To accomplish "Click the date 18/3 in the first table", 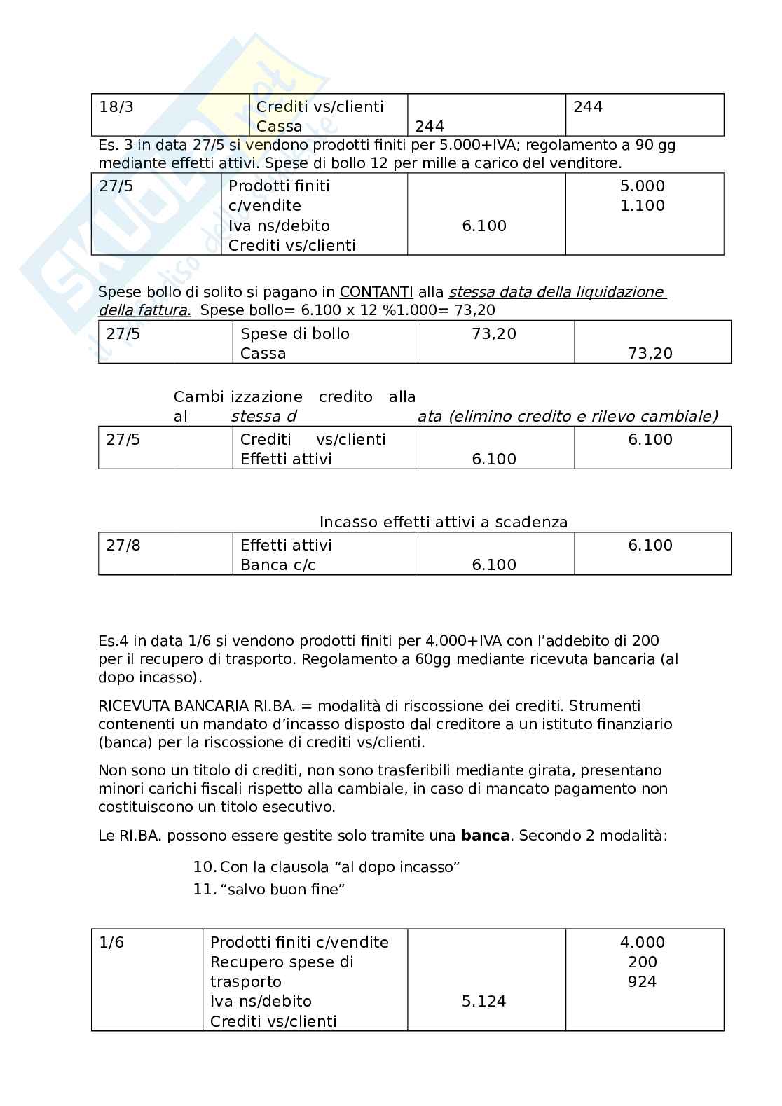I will [116, 107].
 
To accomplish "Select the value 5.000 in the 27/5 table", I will [642, 186].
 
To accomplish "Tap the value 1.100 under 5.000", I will [642, 206].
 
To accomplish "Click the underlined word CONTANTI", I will [376, 292].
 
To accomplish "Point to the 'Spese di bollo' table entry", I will [294, 334].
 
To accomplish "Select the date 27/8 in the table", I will [123, 546].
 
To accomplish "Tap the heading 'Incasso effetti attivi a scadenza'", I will [443, 523].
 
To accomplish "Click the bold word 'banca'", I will [485, 836].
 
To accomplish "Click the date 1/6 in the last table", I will [111, 943].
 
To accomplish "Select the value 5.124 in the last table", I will [483, 1002].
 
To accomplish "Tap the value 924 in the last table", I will [642, 982].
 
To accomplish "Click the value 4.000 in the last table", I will [642, 943].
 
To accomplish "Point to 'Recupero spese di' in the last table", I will [282, 962].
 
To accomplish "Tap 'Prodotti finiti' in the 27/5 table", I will [278, 186].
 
